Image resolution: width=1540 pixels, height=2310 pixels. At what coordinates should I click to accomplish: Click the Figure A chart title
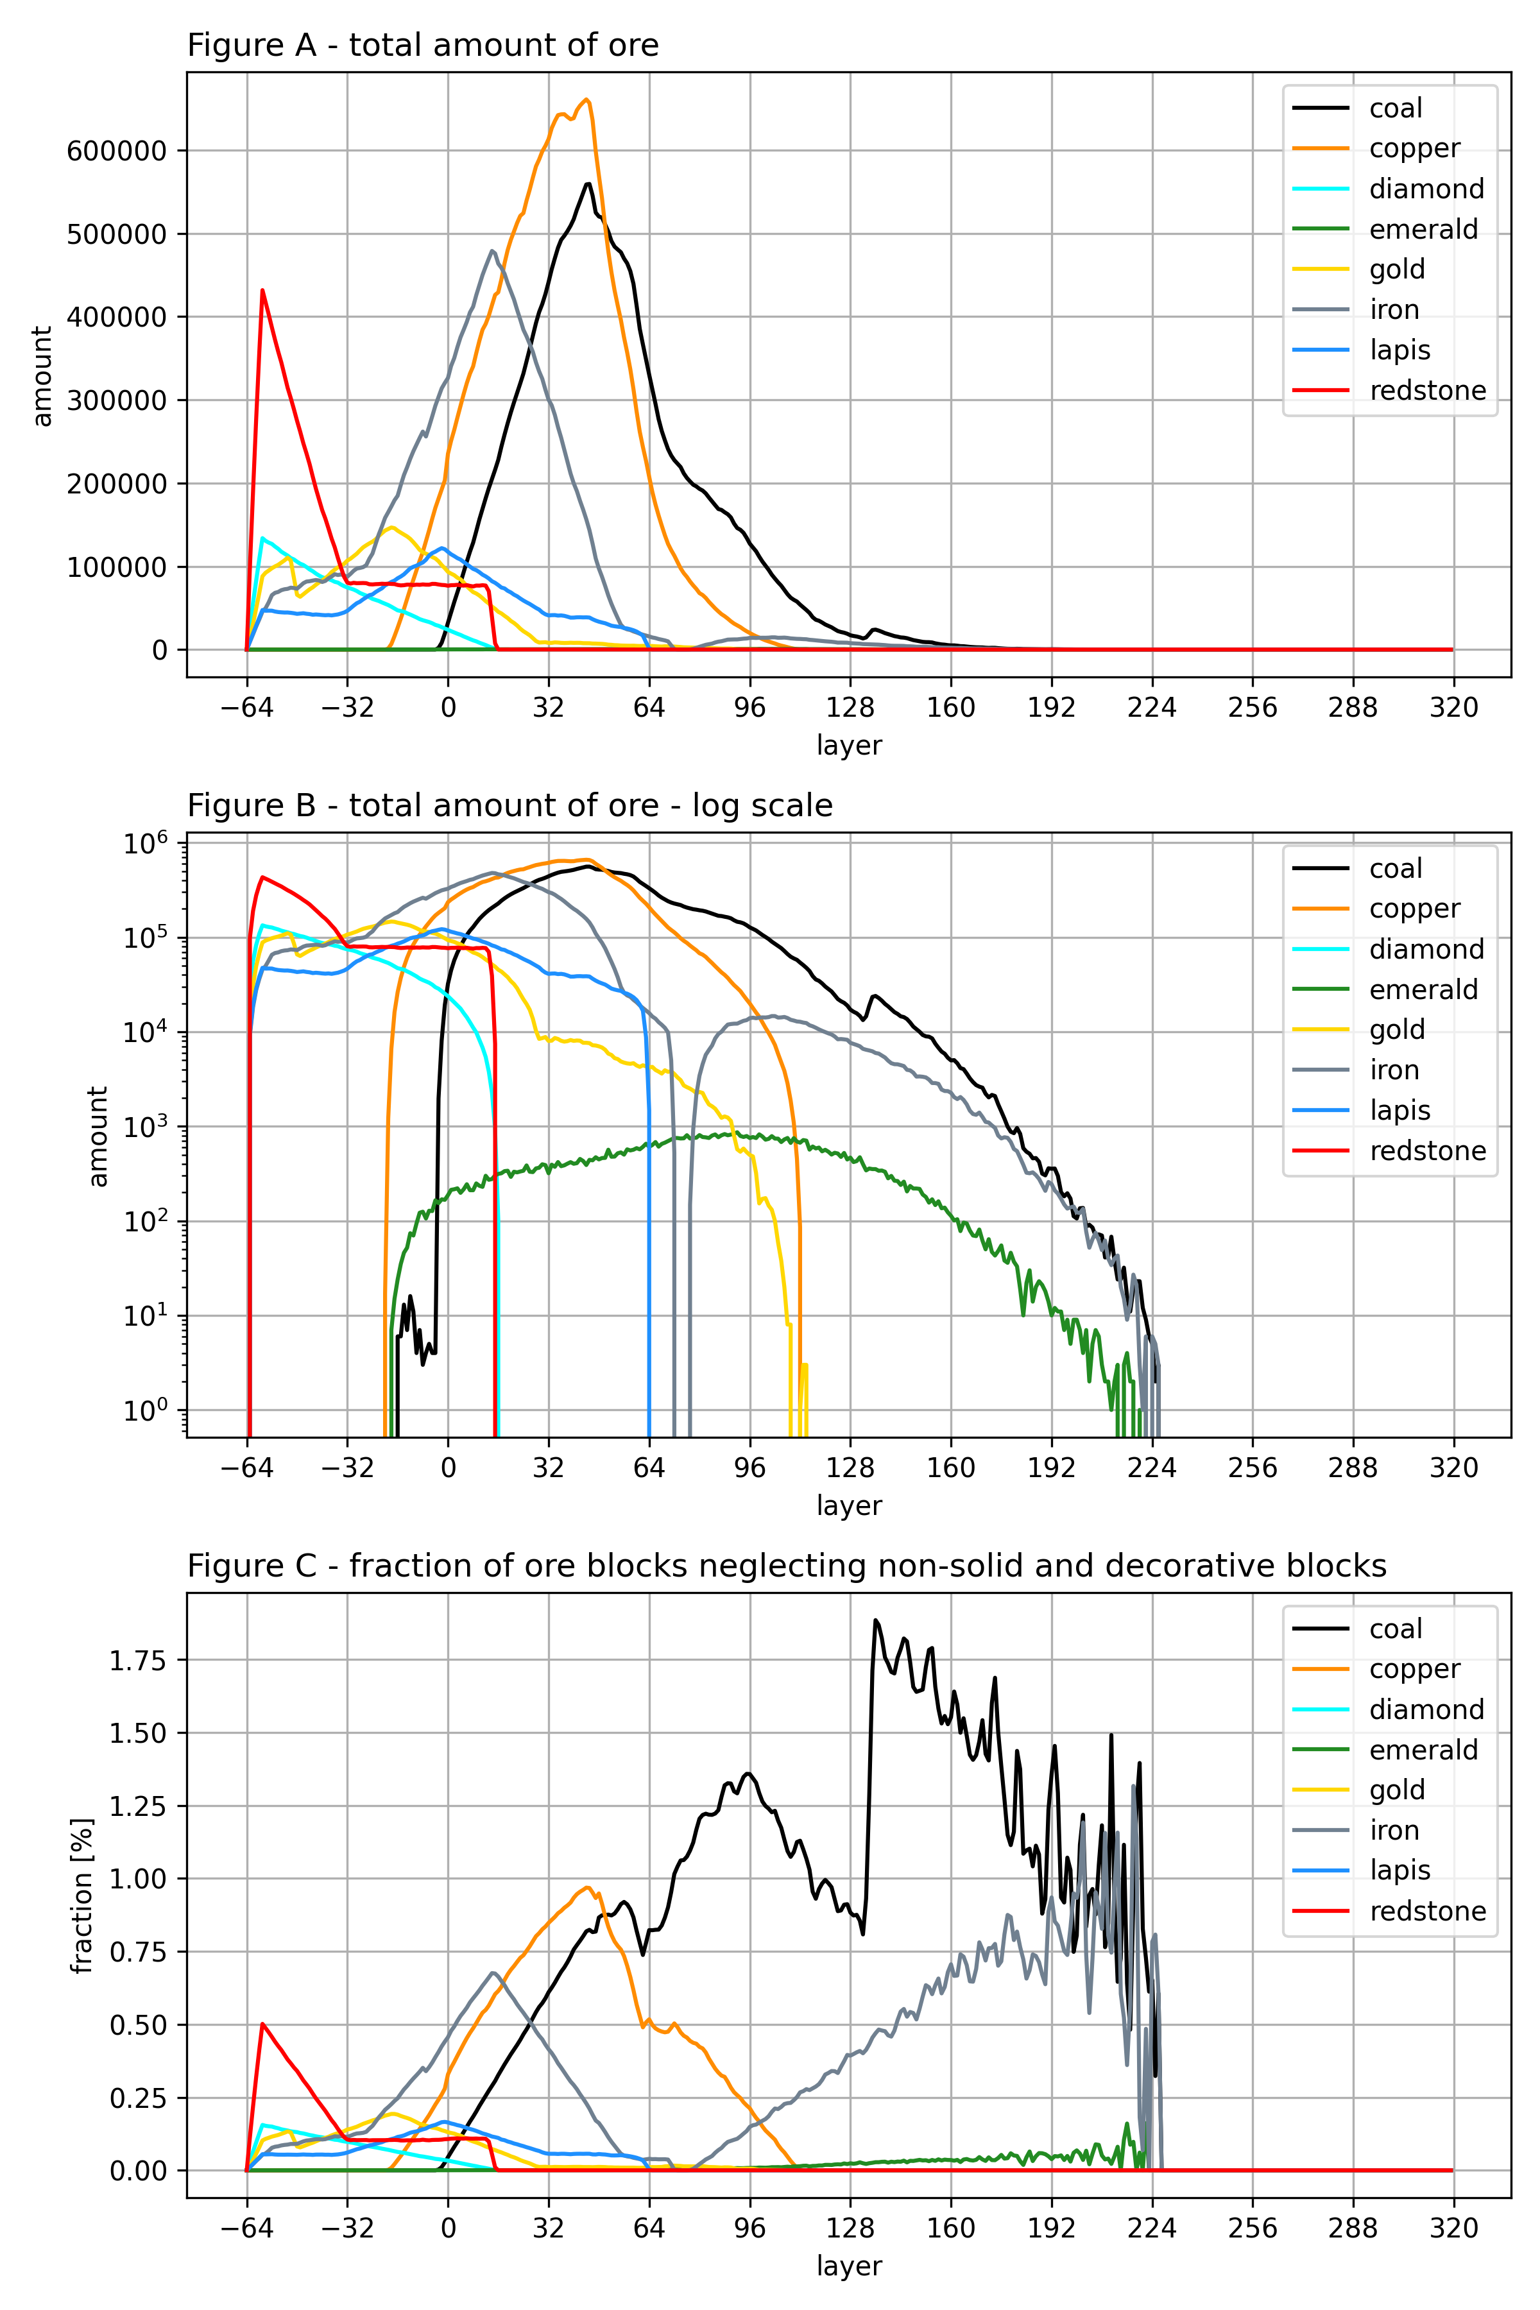(422, 45)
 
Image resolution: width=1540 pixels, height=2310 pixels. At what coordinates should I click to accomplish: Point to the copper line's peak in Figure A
(587, 99)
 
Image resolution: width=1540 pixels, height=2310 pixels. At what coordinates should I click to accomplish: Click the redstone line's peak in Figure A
(262, 290)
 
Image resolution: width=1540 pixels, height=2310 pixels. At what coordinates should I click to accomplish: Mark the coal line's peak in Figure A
(587, 184)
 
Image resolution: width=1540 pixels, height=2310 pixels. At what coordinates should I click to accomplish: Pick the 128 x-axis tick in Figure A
(850, 707)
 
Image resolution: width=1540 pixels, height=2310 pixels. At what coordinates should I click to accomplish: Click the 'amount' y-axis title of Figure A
(41, 376)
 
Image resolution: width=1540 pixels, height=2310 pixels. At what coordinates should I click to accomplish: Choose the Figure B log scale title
(509, 805)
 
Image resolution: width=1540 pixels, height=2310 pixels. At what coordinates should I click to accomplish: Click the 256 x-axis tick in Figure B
(1253, 1468)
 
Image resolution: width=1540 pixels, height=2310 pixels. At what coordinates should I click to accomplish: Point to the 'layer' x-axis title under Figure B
(850, 1505)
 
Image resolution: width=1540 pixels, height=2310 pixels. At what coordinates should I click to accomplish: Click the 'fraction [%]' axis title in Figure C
(83, 1895)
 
